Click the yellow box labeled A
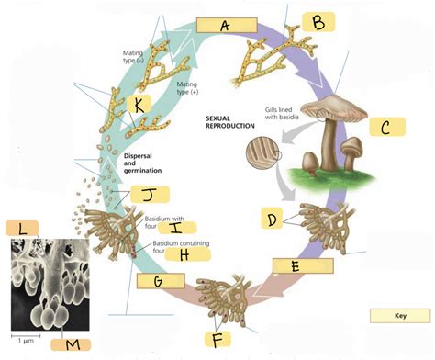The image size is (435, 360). pos(224,27)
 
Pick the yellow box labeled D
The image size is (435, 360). pos(271,219)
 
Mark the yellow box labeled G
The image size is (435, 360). pos(160,280)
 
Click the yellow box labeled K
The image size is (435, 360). pos(139,105)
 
